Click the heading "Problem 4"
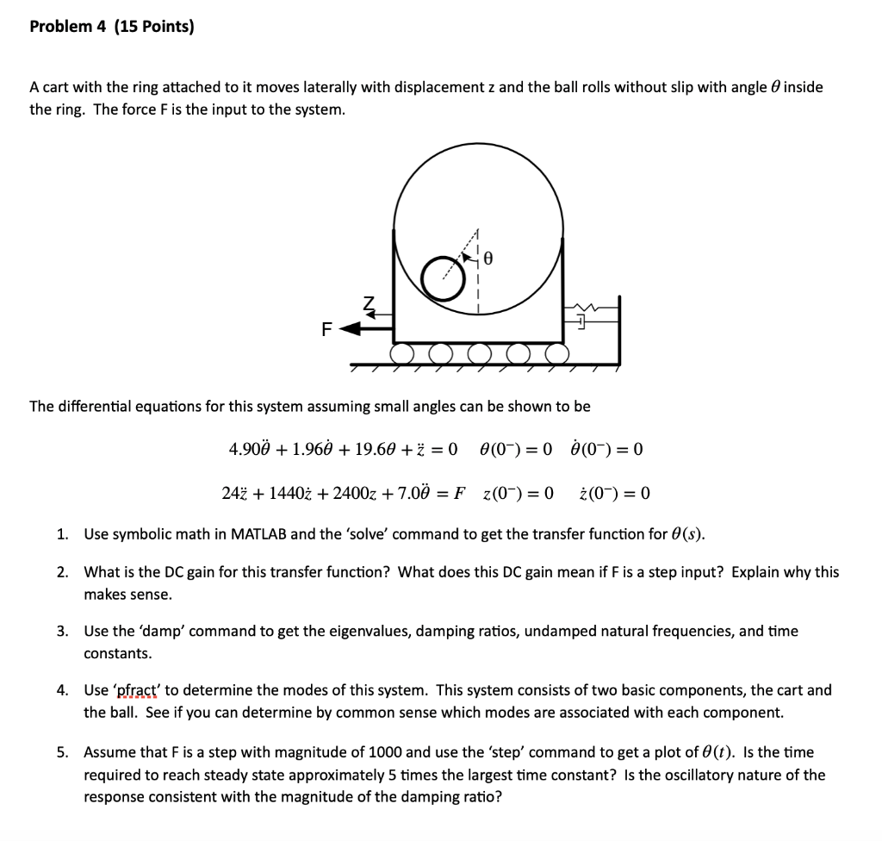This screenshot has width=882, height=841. coord(68,27)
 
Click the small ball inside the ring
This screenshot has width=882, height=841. coord(442,279)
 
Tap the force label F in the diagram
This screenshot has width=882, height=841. coord(326,328)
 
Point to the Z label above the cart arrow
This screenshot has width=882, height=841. coord(370,303)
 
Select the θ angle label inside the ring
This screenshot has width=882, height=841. coord(488,257)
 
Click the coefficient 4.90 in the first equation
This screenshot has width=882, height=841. coord(245,450)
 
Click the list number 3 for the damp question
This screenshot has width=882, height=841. coord(62,632)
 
